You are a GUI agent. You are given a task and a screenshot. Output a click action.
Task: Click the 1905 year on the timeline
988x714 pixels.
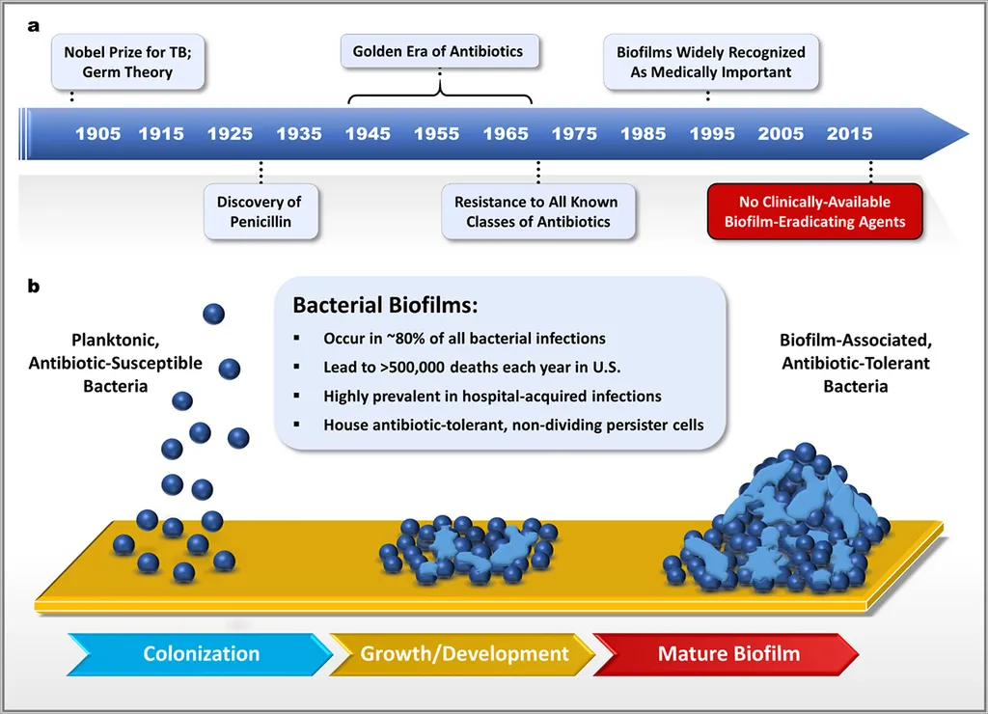[x=97, y=133]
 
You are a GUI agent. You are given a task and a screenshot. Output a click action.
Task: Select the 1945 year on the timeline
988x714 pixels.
[x=368, y=133]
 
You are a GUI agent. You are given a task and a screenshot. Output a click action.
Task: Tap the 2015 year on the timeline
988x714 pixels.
[x=849, y=133]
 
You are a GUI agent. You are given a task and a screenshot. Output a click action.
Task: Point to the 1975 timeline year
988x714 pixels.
[x=574, y=133]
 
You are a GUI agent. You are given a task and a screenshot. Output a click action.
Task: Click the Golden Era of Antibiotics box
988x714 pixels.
[x=440, y=51]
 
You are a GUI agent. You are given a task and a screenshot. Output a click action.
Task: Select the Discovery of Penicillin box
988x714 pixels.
[x=261, y=211]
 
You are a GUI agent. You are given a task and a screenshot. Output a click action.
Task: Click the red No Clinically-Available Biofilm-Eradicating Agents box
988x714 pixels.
[x=814, y=211]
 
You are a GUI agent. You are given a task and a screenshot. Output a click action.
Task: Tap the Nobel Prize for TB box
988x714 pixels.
[x=128, y=62]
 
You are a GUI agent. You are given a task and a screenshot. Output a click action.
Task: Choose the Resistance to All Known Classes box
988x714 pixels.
[x=538, y=211]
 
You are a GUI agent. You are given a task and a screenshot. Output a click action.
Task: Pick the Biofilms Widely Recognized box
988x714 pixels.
[x=711, y=62]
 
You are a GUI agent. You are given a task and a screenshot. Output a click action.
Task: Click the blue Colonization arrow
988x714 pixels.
[x=200, y=654]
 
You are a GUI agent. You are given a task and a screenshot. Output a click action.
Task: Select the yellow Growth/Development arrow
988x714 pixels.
[x=462, y=654]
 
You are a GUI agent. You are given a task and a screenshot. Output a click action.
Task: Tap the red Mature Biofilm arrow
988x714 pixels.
[x=726, y=654]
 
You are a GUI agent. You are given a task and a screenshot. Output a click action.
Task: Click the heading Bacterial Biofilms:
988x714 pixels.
[x=385, y=305]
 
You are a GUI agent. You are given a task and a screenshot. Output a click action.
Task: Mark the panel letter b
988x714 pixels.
[x=34, y=287]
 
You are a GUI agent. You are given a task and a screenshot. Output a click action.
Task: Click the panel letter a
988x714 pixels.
[x=34, y=26]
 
